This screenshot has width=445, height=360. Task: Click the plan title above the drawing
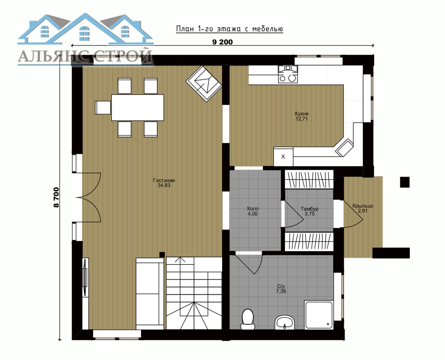click(x=229, y=29)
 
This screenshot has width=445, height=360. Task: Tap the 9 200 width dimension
click(x=222, y=42)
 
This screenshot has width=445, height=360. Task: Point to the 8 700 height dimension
click(x=56, y=197)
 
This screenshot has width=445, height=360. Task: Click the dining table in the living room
click(x=138, y=107)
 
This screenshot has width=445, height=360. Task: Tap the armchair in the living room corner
click(x=204, y=83)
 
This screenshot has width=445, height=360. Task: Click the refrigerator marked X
click(x=283, y=157)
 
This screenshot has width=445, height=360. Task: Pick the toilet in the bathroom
click(x=247, y=319)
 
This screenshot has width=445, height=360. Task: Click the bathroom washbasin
click(x=285, y=322)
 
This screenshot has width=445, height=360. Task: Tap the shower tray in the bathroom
click(x=318, y=315)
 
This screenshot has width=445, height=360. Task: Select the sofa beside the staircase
click(x=150, y=294)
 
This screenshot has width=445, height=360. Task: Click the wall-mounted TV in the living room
click(x=85, y=277)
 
